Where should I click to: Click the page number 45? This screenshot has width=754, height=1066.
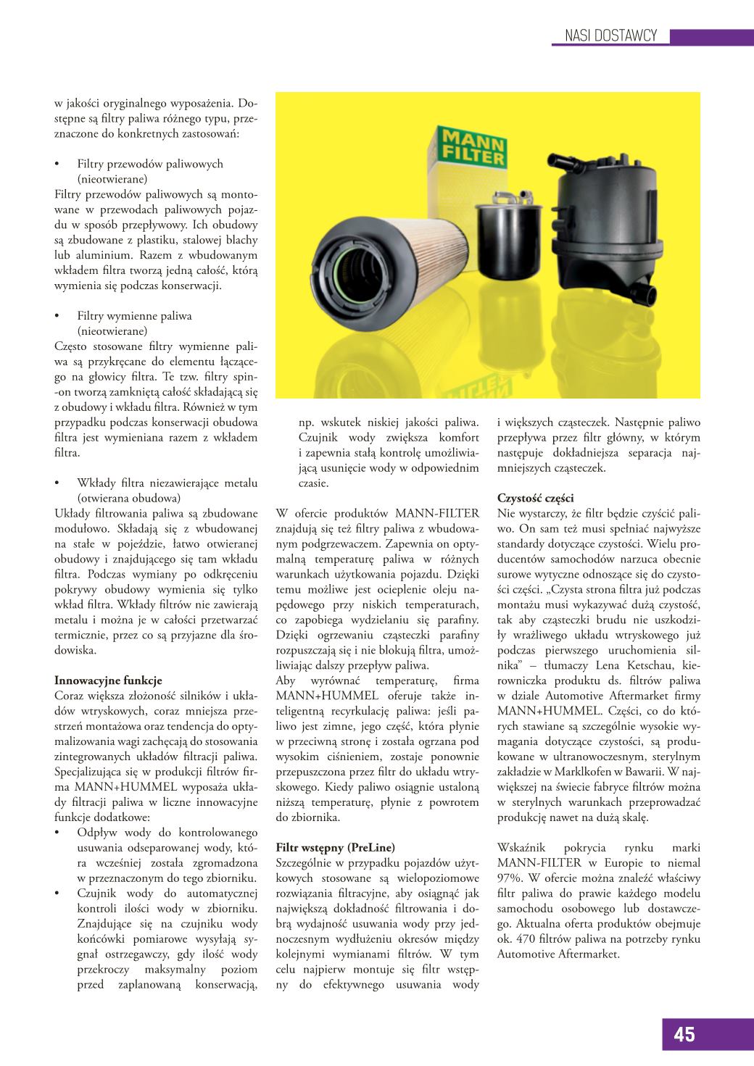(x=684, y=1034)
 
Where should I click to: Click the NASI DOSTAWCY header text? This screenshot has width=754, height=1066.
(x=610, y=36)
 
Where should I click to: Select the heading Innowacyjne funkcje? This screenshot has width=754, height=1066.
(x=108, y=680)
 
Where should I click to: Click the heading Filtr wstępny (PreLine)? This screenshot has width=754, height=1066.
(x=336, y=846)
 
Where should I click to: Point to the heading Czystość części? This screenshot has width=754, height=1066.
(x=535, y=498)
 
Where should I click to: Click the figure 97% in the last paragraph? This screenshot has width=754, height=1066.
(x=510, y=878)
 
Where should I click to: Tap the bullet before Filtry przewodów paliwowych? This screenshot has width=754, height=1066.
(x=57, y=164)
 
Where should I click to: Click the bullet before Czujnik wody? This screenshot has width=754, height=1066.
(x=57, y=894)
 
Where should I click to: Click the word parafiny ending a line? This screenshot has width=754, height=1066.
(x=456, y=620)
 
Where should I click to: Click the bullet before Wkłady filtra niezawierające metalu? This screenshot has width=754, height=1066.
(x=57, y=483)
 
